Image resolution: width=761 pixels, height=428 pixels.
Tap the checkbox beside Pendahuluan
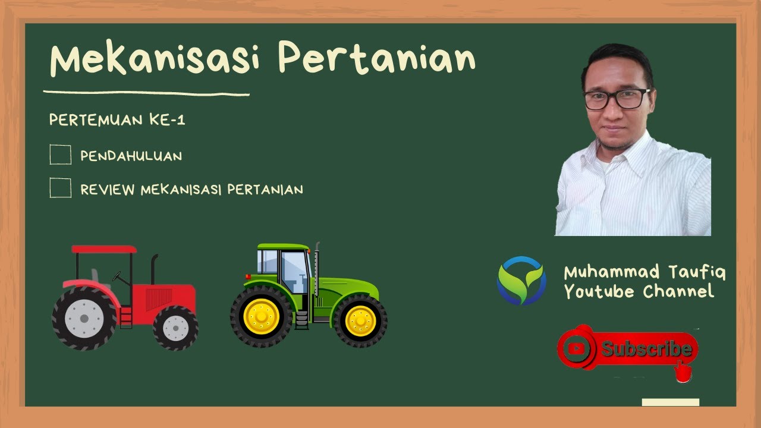(x=61, y=155)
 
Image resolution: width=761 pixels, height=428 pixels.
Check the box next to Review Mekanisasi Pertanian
(x=61, y=188)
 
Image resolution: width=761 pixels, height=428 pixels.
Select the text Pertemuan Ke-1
(x=117, y=120)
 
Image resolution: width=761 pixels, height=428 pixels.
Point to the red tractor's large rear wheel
(x=84, y=318)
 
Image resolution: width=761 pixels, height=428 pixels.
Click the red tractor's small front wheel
(x=175, y=327)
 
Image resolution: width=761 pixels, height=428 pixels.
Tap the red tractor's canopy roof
(x=104, y=249)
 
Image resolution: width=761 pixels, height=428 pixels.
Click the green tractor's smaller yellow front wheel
(x=360, y=321)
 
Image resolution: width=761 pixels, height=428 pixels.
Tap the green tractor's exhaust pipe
(x=317, y=267)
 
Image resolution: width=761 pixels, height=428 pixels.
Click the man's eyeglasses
(x=617, y=99)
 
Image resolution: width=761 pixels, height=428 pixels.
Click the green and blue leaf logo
(x=521, y=281)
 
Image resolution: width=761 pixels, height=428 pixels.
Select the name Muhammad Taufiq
(x=644, y=273)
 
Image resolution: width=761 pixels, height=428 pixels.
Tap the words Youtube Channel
(x=639, y=292)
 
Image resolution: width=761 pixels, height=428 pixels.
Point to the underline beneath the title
(x=146, y=93)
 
